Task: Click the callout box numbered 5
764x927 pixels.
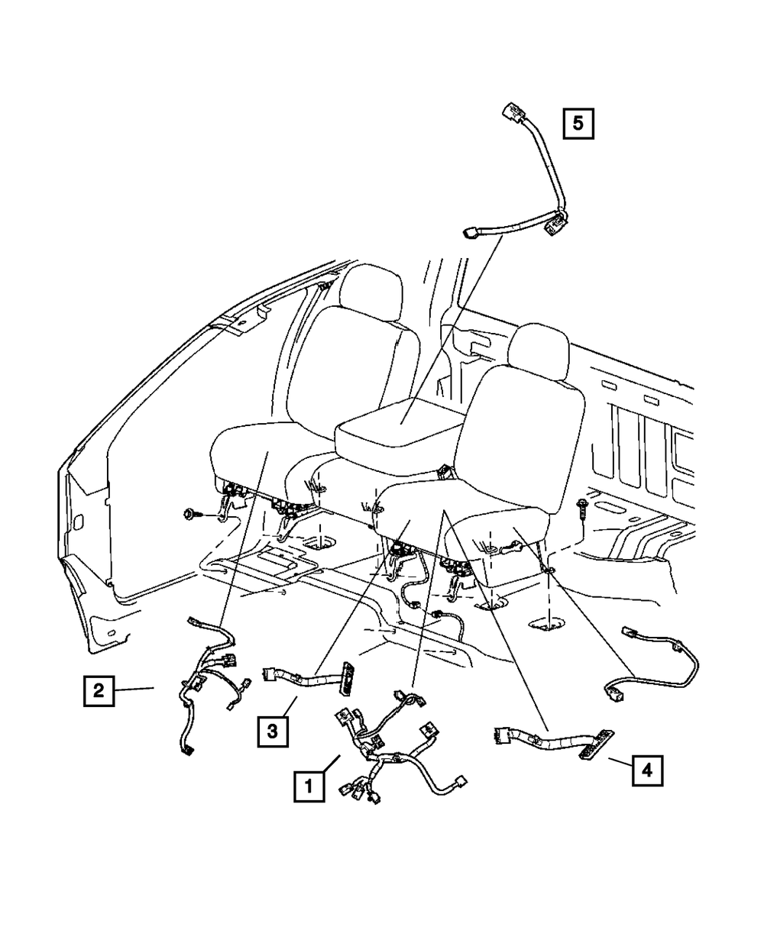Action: point(578,123)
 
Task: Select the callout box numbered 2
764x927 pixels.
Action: point(99,691)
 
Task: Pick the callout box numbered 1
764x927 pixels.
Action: point(309,785)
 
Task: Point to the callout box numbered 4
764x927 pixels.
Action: point(647,770)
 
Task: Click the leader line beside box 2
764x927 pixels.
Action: point(138,690)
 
